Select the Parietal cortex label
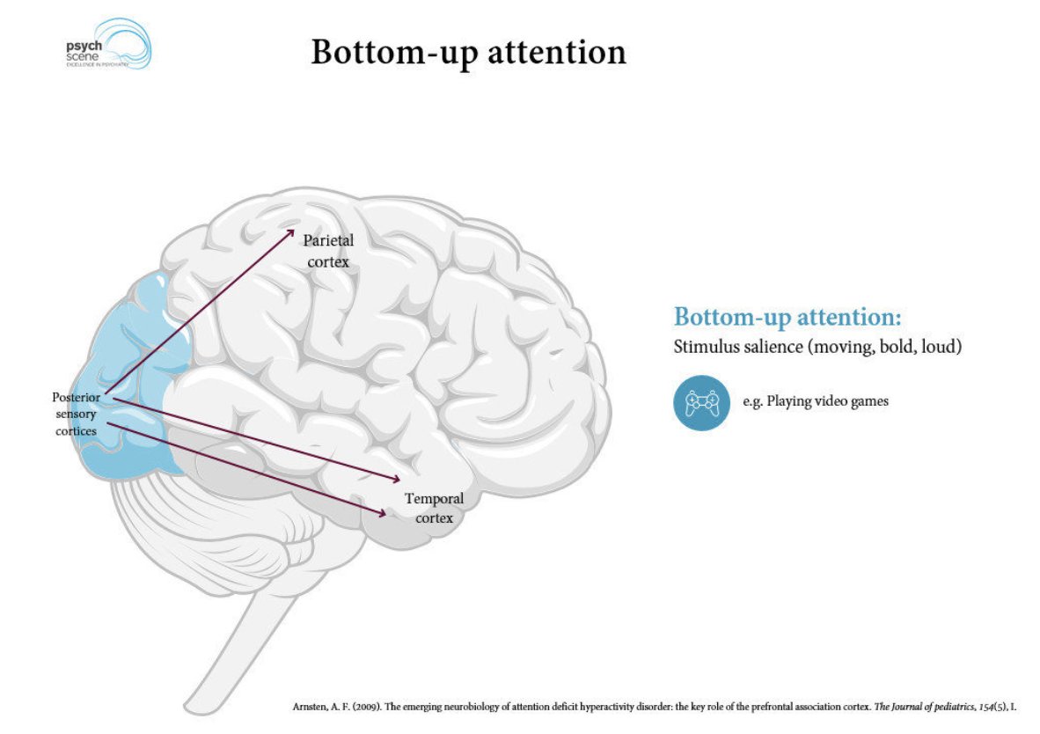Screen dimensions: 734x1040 [328, 251]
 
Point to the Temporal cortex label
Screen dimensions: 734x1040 [434, 509]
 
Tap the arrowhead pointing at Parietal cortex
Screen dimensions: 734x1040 [292, 231]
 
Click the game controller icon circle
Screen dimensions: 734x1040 [701, 403]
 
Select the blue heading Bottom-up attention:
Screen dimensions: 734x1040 [787, 317]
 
